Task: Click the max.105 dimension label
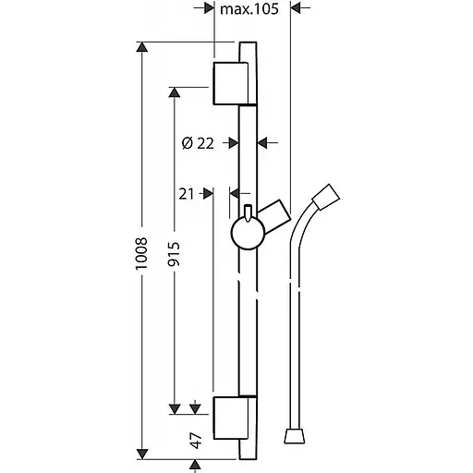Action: (249, 9)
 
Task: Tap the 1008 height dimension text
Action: (142, 253)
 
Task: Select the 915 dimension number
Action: (174, 254)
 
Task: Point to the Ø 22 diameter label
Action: (198, 143)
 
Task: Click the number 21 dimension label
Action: (187, 194)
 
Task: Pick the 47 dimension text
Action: (196, 441)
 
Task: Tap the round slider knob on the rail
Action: (248, 233)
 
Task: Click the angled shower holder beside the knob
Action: (275, 216)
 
